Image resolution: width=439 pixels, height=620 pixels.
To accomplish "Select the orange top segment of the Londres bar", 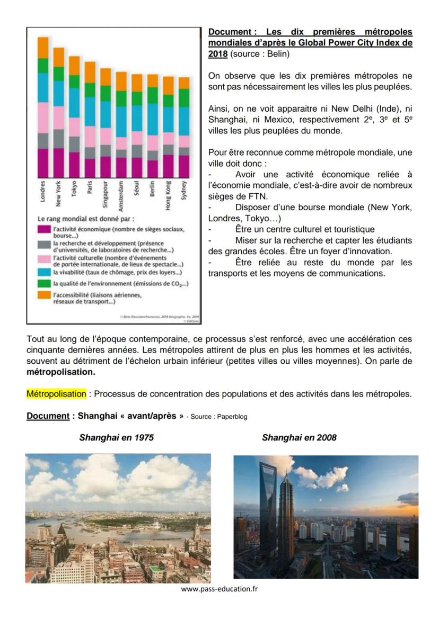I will point(43,47).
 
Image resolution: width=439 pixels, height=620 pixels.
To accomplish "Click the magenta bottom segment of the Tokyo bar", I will point(74,164).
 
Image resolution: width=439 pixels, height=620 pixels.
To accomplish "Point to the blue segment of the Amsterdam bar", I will point(121,121).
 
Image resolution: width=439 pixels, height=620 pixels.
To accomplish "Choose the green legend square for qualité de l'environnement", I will point(44,284).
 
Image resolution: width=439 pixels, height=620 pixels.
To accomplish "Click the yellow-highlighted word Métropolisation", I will point(56,394).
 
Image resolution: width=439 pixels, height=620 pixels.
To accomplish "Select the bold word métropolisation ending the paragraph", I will point(62,372).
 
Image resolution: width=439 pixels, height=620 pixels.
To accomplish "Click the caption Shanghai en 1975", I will point(117,438).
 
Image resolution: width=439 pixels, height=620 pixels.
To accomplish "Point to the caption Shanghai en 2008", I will point(299,438).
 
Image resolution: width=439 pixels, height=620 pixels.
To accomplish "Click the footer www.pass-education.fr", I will point(219,589).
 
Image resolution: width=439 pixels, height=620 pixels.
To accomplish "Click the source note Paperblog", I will point(232,417).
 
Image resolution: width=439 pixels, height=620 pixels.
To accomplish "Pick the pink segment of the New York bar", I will point(58,118).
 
